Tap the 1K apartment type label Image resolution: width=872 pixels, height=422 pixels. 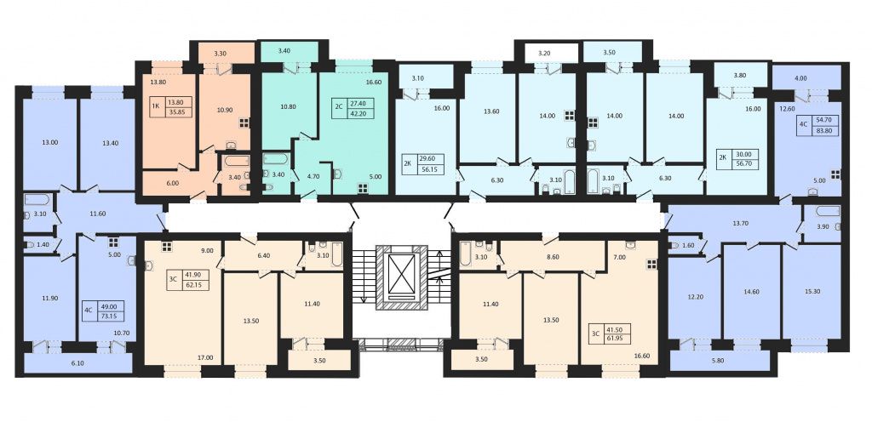click(x=157, y=106)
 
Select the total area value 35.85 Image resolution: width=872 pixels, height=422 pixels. click(x=179, y=111)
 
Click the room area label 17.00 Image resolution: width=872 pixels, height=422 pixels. click(x=205, y=357)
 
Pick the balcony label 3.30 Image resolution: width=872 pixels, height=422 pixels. click(x=221, y=54)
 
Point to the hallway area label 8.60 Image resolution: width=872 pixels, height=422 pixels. click(x=552, y=257)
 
